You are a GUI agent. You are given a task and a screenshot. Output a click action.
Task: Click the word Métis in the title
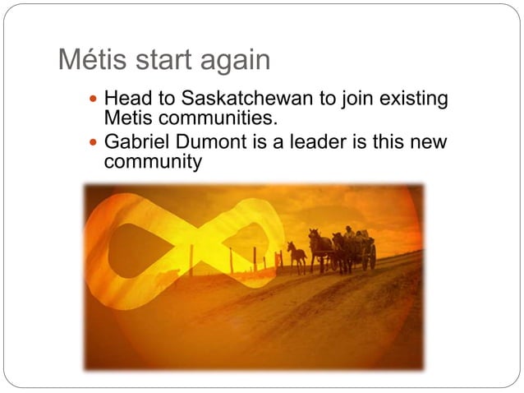89,60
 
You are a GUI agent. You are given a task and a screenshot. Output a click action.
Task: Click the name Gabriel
136,142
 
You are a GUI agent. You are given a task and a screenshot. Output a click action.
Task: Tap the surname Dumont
209,142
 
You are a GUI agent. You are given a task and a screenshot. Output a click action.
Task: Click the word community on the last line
154,161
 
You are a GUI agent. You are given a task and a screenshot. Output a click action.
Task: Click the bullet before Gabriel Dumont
92,143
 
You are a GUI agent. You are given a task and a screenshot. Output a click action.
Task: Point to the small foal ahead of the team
296,255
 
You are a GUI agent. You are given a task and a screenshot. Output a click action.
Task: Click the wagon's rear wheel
372,256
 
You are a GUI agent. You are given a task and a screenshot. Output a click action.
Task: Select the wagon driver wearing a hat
349,233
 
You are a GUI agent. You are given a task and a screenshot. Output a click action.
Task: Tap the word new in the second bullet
430,142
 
